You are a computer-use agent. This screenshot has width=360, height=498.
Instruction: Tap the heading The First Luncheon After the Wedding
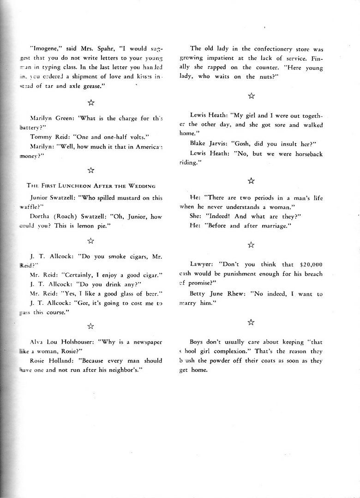click(x=91, y=185)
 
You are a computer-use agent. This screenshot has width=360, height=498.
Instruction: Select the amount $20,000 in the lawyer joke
click(x=311, y=265)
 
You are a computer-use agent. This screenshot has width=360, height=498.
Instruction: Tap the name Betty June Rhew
click(x=211, y=294)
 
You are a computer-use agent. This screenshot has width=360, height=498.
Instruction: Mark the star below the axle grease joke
click(x=91, y=102)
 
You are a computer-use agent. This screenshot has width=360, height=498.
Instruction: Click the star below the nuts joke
click(x=251, y=95)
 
